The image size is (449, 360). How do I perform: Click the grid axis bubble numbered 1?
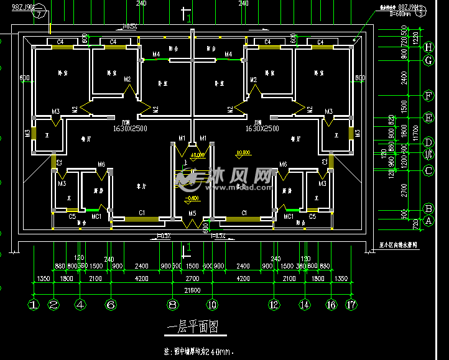coord(34,305)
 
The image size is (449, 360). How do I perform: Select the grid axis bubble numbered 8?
coord(173,305)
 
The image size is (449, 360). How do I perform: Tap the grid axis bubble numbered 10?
coord(213,305)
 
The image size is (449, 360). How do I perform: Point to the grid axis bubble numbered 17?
coord(353,305)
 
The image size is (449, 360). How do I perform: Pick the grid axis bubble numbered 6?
coord(111,305)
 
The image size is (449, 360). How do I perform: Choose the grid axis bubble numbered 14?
coord(304,305)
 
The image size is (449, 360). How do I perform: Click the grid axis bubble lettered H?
coord(428,47)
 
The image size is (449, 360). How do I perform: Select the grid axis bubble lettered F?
coord(428,96)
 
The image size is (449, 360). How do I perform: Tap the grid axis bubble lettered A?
coord(428,220)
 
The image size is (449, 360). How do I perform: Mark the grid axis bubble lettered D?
coord(428,142)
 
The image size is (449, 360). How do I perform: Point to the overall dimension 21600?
coord(193,290)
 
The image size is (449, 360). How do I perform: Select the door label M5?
coord(193,214)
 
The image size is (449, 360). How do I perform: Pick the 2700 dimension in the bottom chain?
coord(193,279)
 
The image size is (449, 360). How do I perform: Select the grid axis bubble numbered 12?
coord(274,305)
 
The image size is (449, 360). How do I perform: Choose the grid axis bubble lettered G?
coord(428,60)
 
